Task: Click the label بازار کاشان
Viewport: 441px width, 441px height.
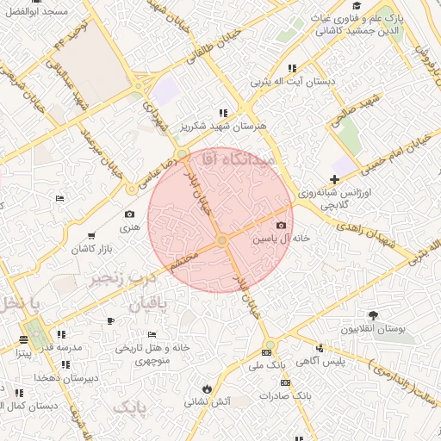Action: tap(93, 248)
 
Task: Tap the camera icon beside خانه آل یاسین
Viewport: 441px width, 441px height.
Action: tap(281, 226)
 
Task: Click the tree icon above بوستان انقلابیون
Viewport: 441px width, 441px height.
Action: tap(372, 316)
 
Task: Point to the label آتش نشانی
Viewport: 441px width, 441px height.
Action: tap(208, 401)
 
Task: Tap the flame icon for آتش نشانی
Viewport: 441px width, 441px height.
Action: tap(207, 388)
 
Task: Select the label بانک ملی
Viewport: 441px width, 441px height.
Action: tap(266, 365)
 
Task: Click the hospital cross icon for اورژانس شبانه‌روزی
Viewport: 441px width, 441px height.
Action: tap(334, 177)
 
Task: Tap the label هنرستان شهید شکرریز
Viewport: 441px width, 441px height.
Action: tap(222, 126)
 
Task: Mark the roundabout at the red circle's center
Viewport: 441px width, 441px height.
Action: tap(221, 239)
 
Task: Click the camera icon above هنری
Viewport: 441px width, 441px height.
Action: tap(129, 214)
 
